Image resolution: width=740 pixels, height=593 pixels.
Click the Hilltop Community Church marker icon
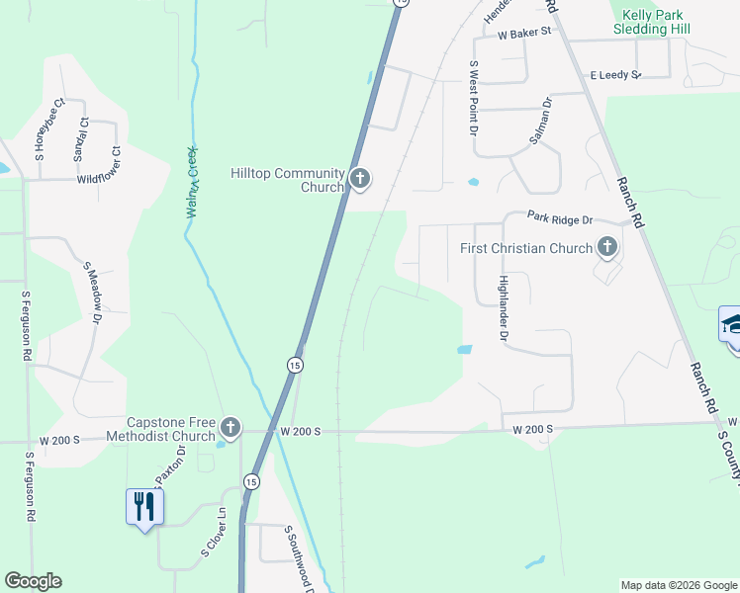click(360, 179)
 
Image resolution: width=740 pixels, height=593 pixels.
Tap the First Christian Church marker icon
click(606, 247)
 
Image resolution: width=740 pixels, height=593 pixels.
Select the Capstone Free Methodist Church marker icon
click(230, 427)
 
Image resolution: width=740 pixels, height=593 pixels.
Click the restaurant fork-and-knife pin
click(144, 506)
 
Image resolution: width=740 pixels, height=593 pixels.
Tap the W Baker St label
click(523, 34)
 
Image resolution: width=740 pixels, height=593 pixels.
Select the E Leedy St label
click(614, 75)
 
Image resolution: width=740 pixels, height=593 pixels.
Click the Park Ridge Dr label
click(559, 218)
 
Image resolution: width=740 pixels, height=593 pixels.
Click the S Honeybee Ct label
click(49, 128)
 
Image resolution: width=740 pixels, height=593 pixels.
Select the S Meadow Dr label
click(93, 293)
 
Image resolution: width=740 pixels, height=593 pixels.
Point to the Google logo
click(33, 581)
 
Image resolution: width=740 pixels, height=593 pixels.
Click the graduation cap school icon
click(731, 324)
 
